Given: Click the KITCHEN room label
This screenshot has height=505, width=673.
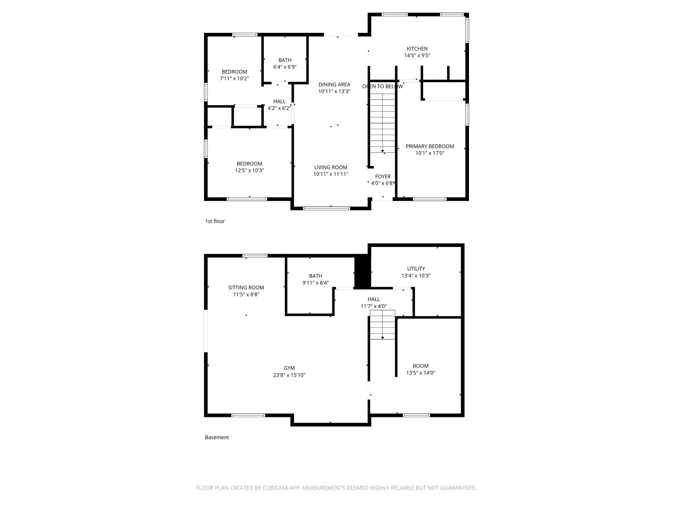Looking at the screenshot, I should [417, 49].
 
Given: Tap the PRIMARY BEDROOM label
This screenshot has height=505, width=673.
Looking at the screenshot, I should [429, 146].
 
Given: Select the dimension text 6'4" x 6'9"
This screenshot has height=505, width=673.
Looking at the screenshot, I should [285, 67].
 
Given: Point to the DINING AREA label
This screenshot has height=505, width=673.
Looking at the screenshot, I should [334, 84].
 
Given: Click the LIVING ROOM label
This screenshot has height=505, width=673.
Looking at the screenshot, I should [331, 167].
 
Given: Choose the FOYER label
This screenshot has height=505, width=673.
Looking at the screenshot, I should [383, 177].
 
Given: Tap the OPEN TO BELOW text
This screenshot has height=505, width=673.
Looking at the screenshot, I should [382, 86].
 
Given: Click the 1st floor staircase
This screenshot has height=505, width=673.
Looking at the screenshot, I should [383, 122].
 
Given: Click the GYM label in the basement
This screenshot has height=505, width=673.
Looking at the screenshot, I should [289, 368].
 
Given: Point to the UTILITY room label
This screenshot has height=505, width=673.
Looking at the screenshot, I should [416, 269].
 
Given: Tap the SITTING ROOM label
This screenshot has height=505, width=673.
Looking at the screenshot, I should [246, 288].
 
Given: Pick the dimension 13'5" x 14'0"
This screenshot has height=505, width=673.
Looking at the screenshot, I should [421, 373].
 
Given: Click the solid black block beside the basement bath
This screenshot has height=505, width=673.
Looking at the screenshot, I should [362, 272].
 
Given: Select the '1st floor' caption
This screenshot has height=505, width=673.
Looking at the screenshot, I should [215, 221].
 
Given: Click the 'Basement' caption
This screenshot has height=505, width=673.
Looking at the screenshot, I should [217, 437].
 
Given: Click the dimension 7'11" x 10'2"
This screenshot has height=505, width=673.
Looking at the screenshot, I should [234, 79].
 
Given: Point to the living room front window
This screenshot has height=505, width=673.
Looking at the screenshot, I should [326, 208].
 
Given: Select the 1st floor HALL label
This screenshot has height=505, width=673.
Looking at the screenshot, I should [279, 101].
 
